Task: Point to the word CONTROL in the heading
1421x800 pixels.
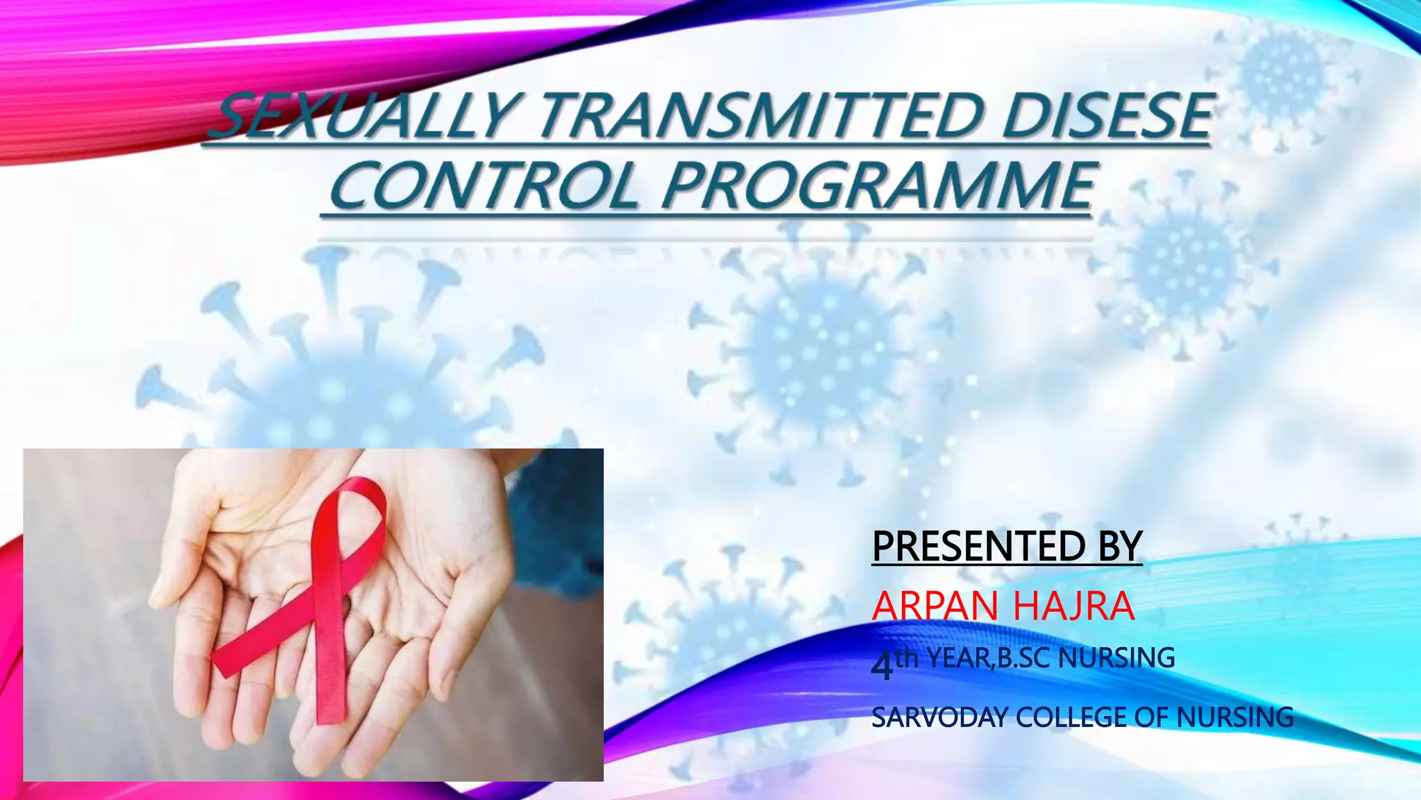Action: (x=486, y=186)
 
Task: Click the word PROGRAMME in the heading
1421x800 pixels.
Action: (x=878, y=186)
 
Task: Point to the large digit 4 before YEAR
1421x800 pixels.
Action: (x=882, y=667)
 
